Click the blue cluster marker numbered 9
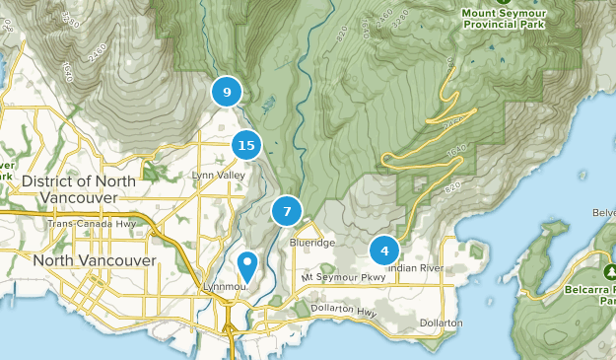pyautogui.click(x=227, y=93)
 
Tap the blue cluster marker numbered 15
pyautogui.click(x=246, y=146)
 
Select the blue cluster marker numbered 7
pyautogui.click(x=287, y=211)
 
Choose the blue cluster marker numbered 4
pyautogui.click(x=384, y=251)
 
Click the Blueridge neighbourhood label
pyautogui.click(x=312, y=242)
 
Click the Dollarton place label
pyautogui.click(x=441, y=323)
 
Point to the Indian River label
pyautogui.click(x=418, y=267)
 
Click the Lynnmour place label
pyautogui.click(x=223, y=286)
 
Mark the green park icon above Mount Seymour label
pyautogui.click(x=504, y=2)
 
